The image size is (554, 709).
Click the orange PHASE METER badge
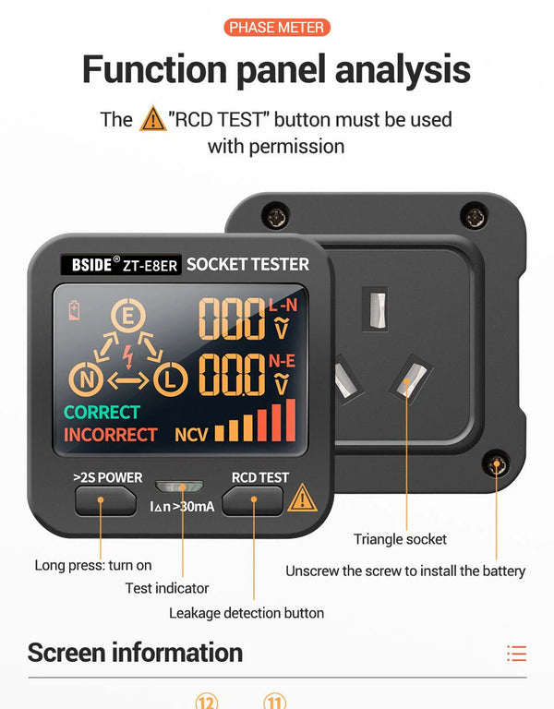pos(277,27)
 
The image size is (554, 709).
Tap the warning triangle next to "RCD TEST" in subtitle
pos(152,119)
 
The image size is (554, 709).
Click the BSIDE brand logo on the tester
pos(92,265)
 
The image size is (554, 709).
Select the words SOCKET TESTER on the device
pos(247,264)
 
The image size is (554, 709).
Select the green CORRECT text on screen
pos(102,412)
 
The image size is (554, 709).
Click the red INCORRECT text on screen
pos(111,434)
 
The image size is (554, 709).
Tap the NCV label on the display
pos(191,434)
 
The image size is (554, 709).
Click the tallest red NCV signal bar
pos(291,419)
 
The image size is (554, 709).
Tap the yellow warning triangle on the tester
pos(301,499)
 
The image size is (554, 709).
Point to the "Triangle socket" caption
pos(400,539)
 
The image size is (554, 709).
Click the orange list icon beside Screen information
pos(516,654)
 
